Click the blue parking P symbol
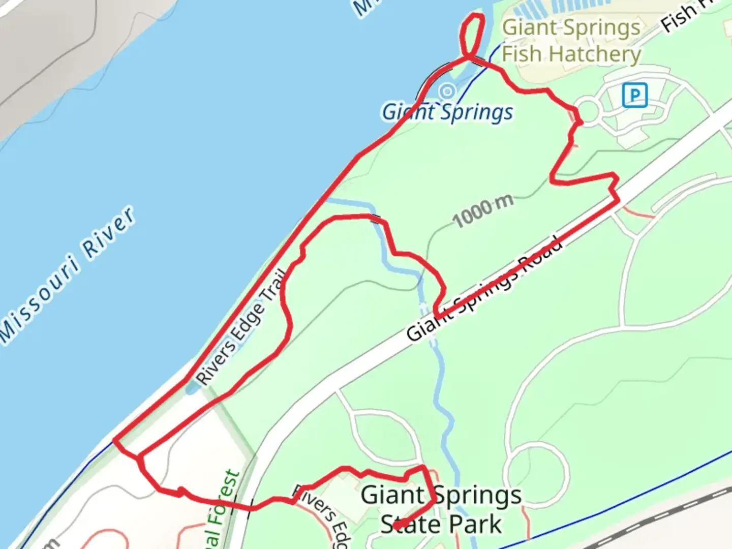click(634, 95)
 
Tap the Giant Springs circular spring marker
click(447, 91)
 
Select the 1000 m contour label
click(483, 210)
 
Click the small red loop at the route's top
click(471, 35)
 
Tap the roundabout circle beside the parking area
click(587, 112)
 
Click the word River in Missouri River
click(109, 233)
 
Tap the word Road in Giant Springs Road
click(541, 255)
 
